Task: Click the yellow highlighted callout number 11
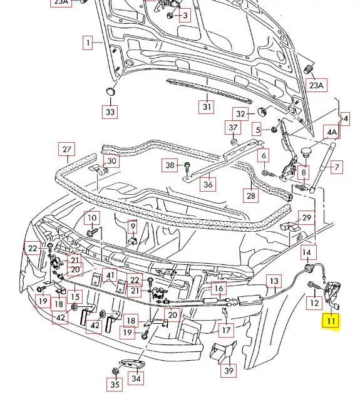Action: (330, 323)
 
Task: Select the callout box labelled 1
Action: (89, 43)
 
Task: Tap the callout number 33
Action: (110, 112)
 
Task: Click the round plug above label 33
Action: (111, 91)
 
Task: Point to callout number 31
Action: (207, 106)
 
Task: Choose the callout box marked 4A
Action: (331, 133)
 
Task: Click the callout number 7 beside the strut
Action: (336, 167)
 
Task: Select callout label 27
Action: (66, 150)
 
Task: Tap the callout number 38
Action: (170, 165)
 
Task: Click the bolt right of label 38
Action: (187, 166)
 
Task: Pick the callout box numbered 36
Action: (208, 184)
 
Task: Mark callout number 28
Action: (250, 196)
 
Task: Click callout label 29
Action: (307, 218)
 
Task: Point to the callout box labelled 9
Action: (133, 226)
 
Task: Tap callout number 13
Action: (274, 282)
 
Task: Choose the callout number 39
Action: (229, 371)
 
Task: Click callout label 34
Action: (136, 378)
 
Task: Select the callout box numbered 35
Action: (115, 385)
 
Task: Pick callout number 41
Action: (110, 275)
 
